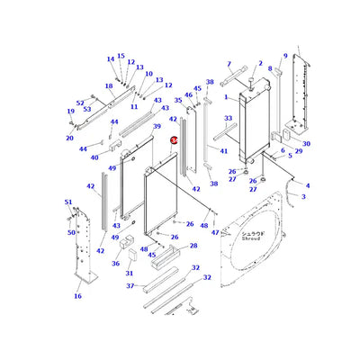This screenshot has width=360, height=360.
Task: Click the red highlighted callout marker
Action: coord(174,140)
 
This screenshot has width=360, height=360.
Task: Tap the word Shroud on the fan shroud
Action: coord(249,238)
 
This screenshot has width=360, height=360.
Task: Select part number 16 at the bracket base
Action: coord(77,295)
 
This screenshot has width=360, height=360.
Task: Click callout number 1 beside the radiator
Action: coord(227,96)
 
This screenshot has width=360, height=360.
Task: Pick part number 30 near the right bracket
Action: coord(306,144)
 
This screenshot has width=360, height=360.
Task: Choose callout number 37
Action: coord(130,286)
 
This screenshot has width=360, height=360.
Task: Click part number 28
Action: coord(193,246)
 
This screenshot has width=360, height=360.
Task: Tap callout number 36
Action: coord(115,264)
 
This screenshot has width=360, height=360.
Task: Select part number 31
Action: coord(130,273)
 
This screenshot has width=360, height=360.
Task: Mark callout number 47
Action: coord(215,232)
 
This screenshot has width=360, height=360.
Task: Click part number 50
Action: coord(72,232)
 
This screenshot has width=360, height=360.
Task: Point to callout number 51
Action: coord(67,202)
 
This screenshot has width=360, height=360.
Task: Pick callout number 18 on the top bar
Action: coord(109,86)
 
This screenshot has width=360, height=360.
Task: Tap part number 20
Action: coord(69,138)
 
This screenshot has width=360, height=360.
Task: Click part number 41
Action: coord(224,151)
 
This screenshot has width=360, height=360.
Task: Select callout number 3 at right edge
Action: coord(303,195)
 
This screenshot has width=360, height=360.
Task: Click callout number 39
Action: coord(156,127)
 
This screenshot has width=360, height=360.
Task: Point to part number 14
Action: coord(110,59)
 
